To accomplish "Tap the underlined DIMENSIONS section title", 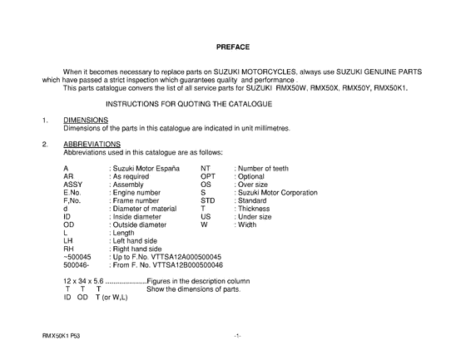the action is click(x=86, y=120).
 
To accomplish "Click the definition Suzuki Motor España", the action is click(x=145, y=168).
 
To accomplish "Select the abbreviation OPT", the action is click(x=209, y=176).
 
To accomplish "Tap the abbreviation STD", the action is click(x=209, y=200).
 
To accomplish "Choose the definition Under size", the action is click(x=255, y=216).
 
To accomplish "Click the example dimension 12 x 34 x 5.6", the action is click(x=84, y=281).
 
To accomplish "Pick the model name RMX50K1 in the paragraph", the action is click(x=390, y=86).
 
